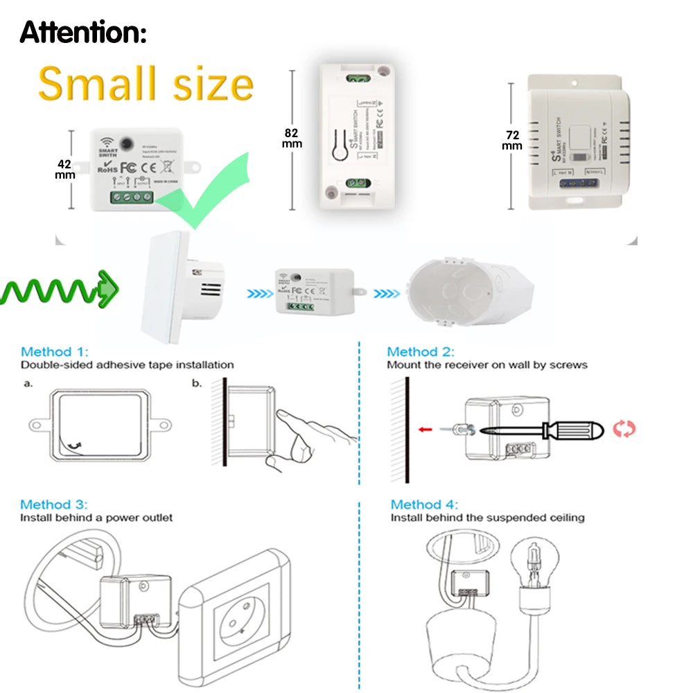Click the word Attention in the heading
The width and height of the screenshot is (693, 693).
pos(82,32)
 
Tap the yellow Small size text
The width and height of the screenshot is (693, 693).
pos(146,84)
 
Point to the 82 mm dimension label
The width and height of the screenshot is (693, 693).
pos(292,137)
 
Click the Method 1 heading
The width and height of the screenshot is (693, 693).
pos(55,352)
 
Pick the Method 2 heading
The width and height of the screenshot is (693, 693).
pos(421,352)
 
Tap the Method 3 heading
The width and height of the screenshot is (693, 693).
pos(54,505)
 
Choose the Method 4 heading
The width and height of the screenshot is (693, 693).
pos(424,505)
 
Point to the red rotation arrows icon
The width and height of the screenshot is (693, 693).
pos(624,429)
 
